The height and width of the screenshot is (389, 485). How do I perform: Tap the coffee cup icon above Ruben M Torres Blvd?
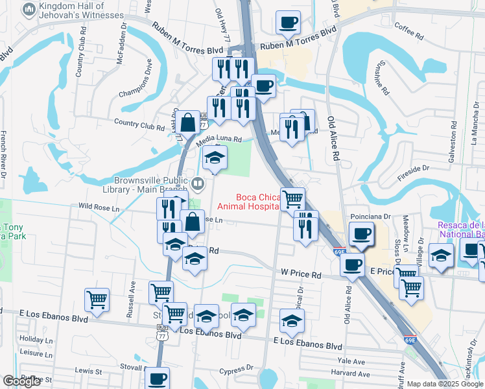click(x=287, y=21)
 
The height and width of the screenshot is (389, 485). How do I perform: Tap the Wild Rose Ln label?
click(x=99, y=207)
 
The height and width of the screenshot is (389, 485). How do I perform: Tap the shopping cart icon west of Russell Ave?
click(x=96, y=300)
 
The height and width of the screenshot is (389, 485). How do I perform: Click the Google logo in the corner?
click(x=21, y=381)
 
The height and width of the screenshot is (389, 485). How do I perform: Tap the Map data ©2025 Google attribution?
click(x=445, y=384)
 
